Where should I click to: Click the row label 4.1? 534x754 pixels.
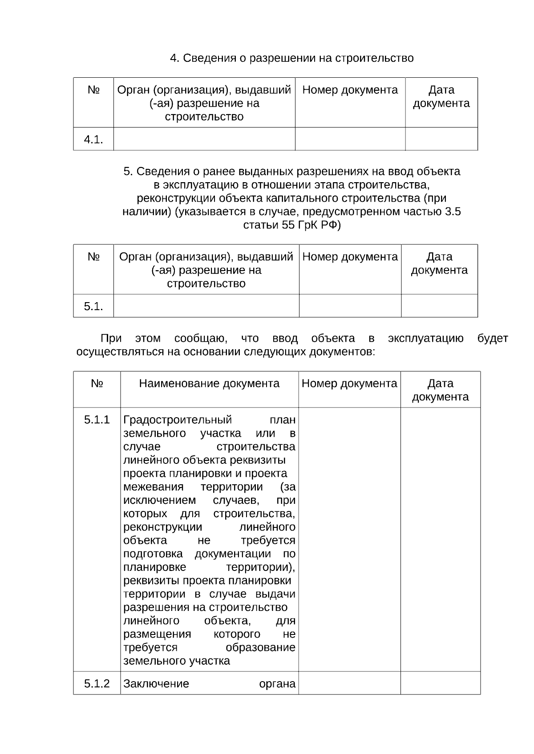[x=93, y=140]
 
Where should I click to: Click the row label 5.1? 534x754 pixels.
[x=93, y=306]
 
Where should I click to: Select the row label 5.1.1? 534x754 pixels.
[x=97, y=420]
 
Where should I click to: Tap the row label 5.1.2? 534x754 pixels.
[x=97, y=683]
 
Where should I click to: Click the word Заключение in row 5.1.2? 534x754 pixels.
[x=156, y=683]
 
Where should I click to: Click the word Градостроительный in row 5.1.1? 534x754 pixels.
[x=178, y=420]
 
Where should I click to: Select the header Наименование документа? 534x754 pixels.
[x=209, y=383]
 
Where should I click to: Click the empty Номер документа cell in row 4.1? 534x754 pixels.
[x=350, y=139]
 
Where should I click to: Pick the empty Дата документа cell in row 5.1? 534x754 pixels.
[x=439, y=306]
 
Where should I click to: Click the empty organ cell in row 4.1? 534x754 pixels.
[x=204, y=139]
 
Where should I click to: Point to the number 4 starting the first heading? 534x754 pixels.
[x=174, y=58]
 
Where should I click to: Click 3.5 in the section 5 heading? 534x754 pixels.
[x=453, y=211]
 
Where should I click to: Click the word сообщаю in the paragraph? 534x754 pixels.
[x=201, y=339]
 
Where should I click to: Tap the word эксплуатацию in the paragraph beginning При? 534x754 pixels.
[x=425, y=339]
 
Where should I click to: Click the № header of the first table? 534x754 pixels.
[x=93, y=90]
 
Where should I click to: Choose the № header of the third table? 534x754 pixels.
[x=97, y=383]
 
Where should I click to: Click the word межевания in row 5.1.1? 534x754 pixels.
[x=154, y=487]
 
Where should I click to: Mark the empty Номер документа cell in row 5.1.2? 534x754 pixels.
[x=349, y=683]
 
